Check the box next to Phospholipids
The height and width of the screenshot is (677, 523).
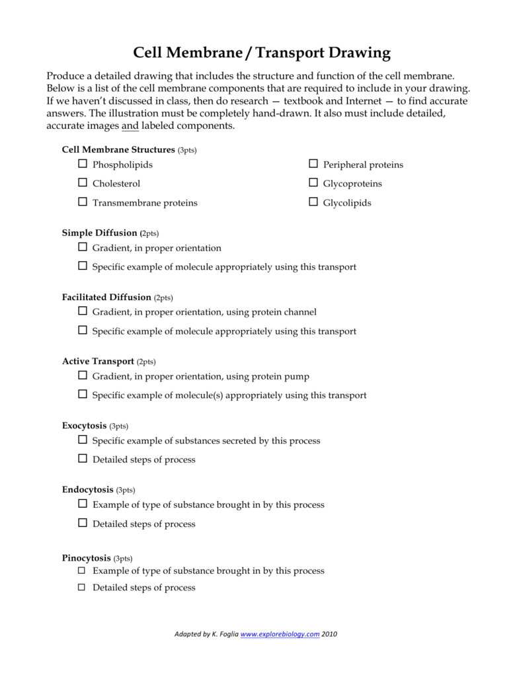[x=83, y=164]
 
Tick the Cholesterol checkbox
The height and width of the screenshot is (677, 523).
[x=83, y=183]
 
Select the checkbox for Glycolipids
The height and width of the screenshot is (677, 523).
[x=313, y=202]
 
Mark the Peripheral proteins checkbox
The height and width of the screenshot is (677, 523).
[x=313, y=164]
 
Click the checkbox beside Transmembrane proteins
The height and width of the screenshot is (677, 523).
[x=83, y=202]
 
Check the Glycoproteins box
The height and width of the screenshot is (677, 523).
[x=313, y=183]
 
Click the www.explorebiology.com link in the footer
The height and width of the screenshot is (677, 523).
[x=280, y=634]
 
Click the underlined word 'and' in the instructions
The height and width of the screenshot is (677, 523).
[x=130, y=126]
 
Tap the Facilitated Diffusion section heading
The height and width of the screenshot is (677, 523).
[x=106, y=298]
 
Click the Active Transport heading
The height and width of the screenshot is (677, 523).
[x=98, y=362]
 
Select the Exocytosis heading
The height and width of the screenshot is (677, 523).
[x=85, y=426]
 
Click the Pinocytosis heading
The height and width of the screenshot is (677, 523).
[x=87, y=558]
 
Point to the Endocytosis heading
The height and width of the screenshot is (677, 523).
[x=88, y=490]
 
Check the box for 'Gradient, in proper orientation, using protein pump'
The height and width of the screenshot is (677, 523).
[x=83, y=376]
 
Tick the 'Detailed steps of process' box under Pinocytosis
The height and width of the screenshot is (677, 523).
[x=83, y=587]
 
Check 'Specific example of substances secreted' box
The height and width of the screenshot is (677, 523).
[x=83, y=440]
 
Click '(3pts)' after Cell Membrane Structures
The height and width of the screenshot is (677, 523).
[x=187, y=150]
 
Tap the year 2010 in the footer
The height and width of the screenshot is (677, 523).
[x=330, y=634]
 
